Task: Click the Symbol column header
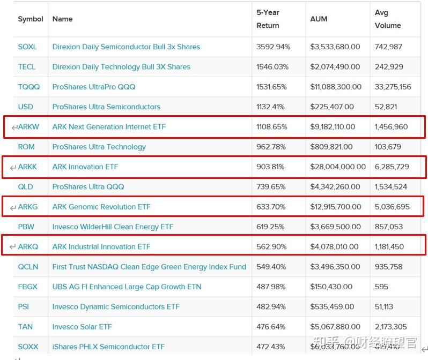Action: point(31,19)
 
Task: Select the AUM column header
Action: point(319,19)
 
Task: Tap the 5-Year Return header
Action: point(268,19)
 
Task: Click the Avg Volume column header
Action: point(388,19)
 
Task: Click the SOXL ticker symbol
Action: point(27,47)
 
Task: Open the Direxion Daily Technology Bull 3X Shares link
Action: point(121,67)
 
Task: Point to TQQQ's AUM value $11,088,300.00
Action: point(336,87)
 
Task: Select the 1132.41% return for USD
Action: point(272,107)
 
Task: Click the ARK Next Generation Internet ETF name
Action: point(109,127)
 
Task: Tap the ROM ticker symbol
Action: point(26,147)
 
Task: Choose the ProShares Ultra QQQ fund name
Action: point(88,186)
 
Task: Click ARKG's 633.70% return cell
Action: point(271,207)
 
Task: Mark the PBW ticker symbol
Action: point(26,227)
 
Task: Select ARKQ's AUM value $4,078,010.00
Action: point(334,247)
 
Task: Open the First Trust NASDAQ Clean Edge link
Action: point(149,267)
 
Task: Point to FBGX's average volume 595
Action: point(382,287)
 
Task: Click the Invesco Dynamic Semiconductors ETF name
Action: point(116,307)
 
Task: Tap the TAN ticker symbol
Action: point(25,327)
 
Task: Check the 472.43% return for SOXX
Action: point(271,347)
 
